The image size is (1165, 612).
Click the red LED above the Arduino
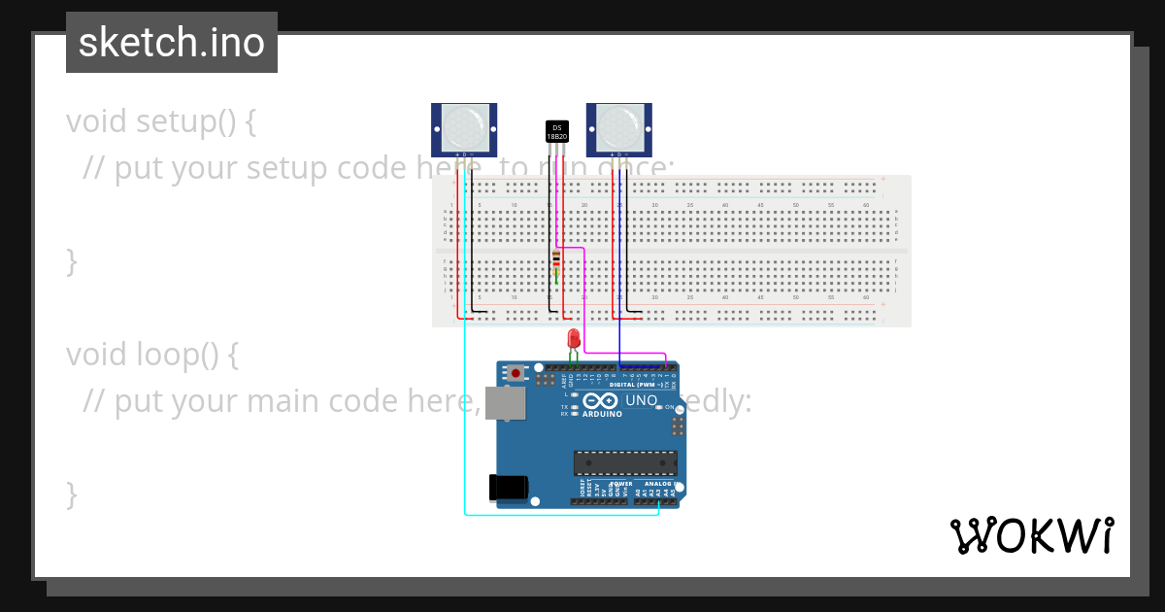click(x=574, y=338)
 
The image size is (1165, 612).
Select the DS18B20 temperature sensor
click(x=556, y=132)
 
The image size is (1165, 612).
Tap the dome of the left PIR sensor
click(x=464, y=126)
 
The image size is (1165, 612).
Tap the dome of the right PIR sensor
click(x=618, y=126)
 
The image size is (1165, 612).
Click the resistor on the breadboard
click(x=555, y=259)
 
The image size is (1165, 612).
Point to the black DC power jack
click(x=509, y=487)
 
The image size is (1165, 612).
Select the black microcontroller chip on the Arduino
click(x=624, y=462)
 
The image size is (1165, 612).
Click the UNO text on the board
click(x=641, y=399)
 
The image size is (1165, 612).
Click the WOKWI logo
click(x=1031, y=535)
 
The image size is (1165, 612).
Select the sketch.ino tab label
click(x=172, y=43)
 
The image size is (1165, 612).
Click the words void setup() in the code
click(x=161, y=122)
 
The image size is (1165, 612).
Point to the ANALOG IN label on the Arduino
click(x=657, y=483)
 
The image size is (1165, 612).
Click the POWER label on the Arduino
click(x=621, y=483)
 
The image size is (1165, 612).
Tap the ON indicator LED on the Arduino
click(x=659, y=407)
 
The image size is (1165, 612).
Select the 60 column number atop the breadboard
click(x=865, y=205)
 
